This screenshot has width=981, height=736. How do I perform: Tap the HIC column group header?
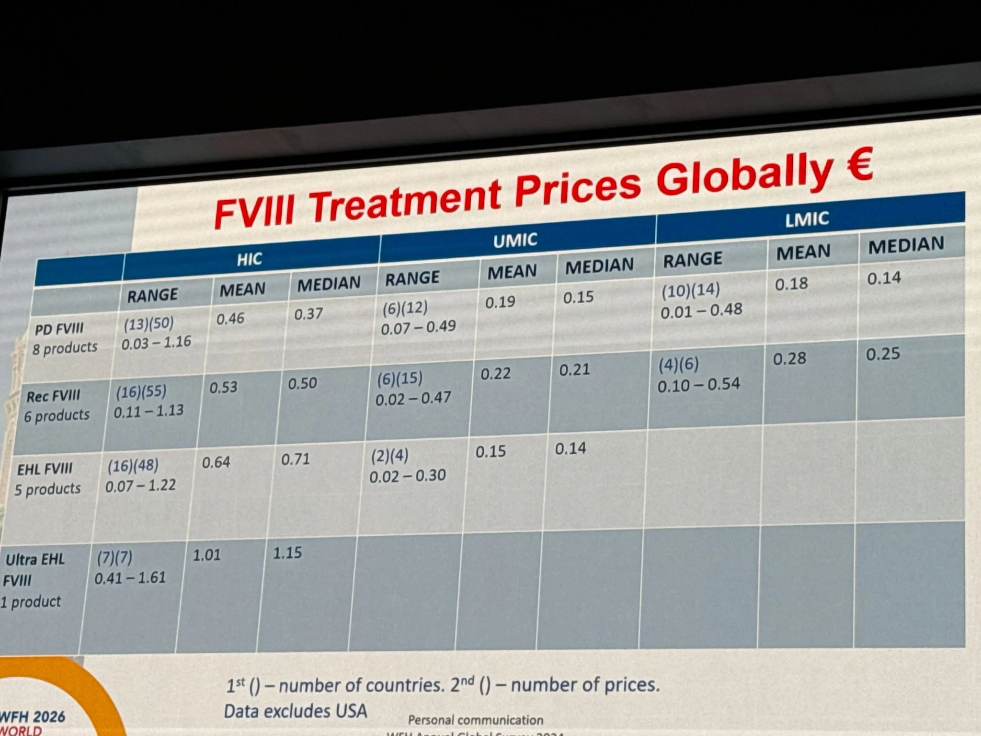point(249,259)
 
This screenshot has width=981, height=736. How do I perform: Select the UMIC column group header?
point(515,240)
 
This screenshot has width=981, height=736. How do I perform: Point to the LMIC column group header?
point(807,219)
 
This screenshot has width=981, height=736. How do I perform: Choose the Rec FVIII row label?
point(53,396)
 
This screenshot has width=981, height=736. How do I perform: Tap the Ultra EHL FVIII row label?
point(34,580)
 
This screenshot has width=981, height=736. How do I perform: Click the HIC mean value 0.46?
point(230,319)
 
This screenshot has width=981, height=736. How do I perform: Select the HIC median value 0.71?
point(296,460)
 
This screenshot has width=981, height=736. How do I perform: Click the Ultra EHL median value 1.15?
point(287,553)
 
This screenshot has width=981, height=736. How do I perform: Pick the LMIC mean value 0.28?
point(789,358)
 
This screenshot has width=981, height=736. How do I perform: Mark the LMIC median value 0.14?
point(884,278)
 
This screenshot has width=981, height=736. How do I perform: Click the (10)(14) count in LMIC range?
point(690,290)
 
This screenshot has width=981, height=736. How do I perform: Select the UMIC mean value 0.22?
point(495,374)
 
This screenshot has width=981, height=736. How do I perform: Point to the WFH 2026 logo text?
point(33,717)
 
